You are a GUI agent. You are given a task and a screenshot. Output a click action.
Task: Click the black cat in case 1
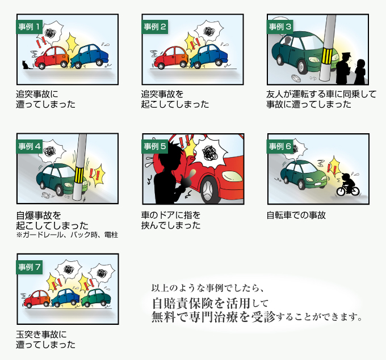(24, 64)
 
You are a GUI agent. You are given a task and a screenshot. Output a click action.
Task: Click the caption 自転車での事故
(296, 215)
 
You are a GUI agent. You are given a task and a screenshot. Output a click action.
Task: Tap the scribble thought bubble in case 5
(210, 153)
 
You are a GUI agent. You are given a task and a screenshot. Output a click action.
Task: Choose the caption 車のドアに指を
(171, 215)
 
